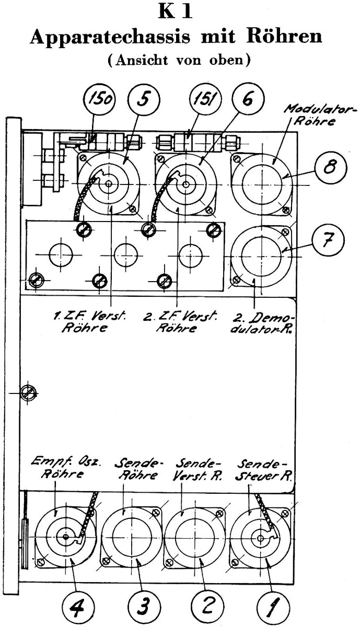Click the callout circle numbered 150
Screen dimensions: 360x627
click(99, 99)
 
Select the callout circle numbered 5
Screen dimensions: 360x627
click(144, 99)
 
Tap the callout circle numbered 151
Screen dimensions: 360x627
click(205, 99)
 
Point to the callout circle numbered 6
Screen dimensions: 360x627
click(248, 99)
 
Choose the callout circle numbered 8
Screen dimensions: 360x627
click(331, 168)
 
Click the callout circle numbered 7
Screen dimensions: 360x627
click(329, 240)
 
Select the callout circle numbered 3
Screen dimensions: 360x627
click(144, 607)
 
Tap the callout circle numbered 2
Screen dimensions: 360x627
click(208, 607)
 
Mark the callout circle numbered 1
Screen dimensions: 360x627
click(273, 607)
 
